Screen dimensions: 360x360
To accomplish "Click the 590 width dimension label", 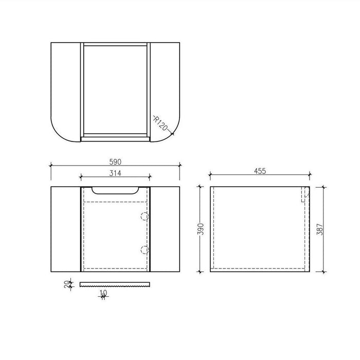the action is coord(115,162).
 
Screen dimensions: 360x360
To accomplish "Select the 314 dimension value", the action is coord(115,173).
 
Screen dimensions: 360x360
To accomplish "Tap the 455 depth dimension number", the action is coord(260,171).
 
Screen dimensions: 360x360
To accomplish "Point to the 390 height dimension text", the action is coord(201,229).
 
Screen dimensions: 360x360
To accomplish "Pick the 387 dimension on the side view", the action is coord(320,229).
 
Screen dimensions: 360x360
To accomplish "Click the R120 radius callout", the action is coord(160,123).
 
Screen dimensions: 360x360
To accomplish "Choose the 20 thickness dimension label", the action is coord(67,284).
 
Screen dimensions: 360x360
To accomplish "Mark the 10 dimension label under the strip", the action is coord(103,293).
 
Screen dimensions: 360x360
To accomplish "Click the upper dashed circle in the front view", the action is coord(145,217).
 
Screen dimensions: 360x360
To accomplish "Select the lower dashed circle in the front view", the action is coord(145,250).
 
